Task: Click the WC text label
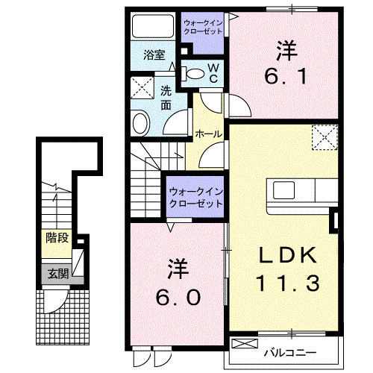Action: click(213, 72)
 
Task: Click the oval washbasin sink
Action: click(140, 122)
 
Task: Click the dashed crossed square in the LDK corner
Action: click(325, 137)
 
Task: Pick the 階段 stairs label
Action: click(57, 239)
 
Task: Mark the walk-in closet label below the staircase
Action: click(195, 197)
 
